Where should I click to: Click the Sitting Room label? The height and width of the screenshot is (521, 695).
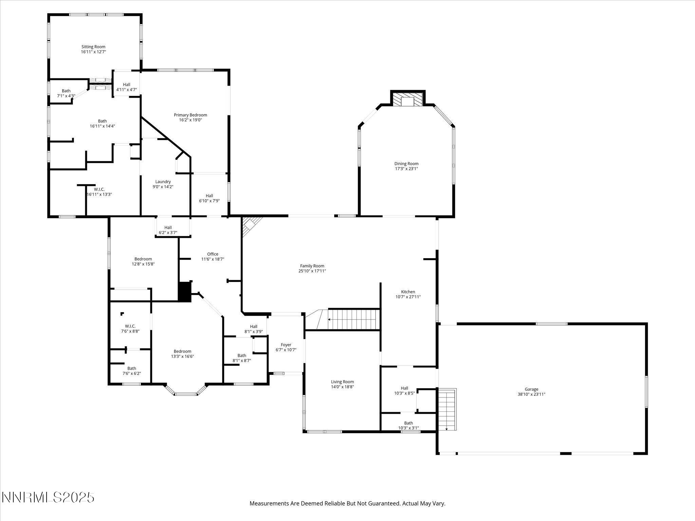pyautogui.click(x=93, y=47)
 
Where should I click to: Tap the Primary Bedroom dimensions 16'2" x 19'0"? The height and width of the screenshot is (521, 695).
pyautogui.click(x=190, y=120)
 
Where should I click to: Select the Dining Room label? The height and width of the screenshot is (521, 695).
pyautogui.click(x=406, y=163)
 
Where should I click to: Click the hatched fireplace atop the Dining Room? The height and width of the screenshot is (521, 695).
pyautogui.click(x=408, y=100)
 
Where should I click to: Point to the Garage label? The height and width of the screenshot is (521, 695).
pyautogui.click(x=531, y=389)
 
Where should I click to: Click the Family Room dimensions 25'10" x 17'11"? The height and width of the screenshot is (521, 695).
pyautogui.click(x=312, y=271)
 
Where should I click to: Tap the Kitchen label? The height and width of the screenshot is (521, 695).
pyautogui.click(x=408, y=292)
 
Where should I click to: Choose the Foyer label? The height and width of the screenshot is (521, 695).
pyautogui.click(x=286, y=345)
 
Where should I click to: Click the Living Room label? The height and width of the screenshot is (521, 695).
pyautogui.click(x=342, y=382)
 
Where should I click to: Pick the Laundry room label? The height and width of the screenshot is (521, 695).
pyautogui.click(x=163, y=181)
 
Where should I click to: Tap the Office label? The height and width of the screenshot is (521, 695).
pyautogui.click(x=213, y=254)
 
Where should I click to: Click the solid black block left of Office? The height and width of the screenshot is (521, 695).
pyautogui.click(x=185, y=292)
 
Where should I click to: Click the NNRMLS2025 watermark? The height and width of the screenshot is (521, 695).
pyautogui.click(x=48, y=498)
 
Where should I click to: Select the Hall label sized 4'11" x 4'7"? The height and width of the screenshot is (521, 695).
pyautogui.click(x=126, y=84)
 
